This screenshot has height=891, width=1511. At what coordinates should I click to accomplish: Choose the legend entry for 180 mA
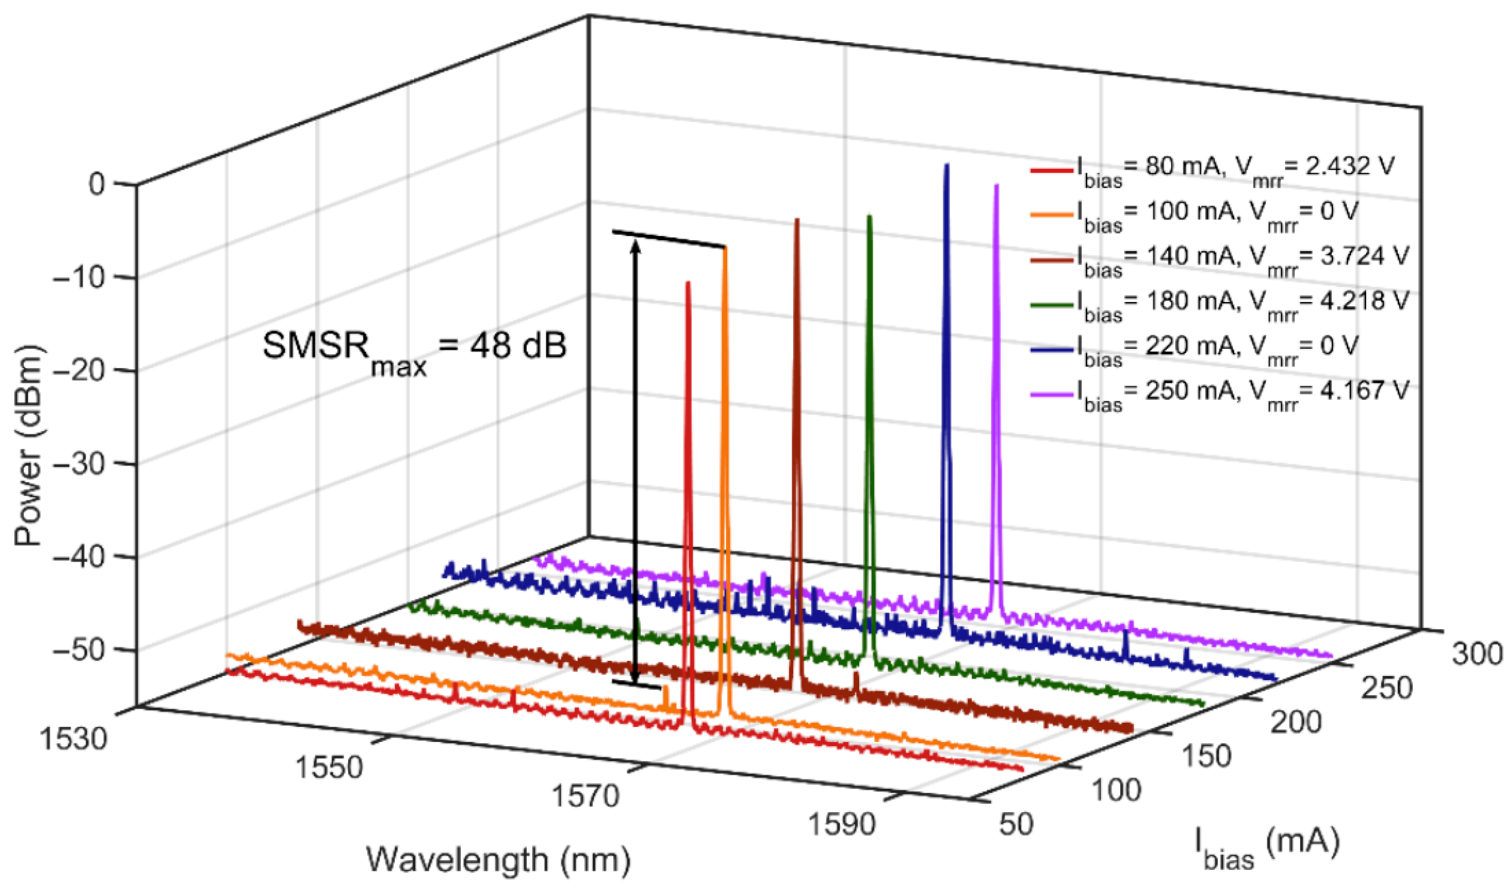point(1218,304)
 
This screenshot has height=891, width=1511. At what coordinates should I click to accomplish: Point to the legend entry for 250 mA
point(1218,394)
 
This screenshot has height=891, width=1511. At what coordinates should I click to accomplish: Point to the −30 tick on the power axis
point(87,463)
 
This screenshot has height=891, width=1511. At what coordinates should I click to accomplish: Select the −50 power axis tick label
point(87,650)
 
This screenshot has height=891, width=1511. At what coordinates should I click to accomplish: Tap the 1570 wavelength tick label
point(585,797)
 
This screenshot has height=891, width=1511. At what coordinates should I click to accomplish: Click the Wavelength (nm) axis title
point(498,860)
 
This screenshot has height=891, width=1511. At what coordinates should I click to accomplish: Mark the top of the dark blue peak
point(947,167)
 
